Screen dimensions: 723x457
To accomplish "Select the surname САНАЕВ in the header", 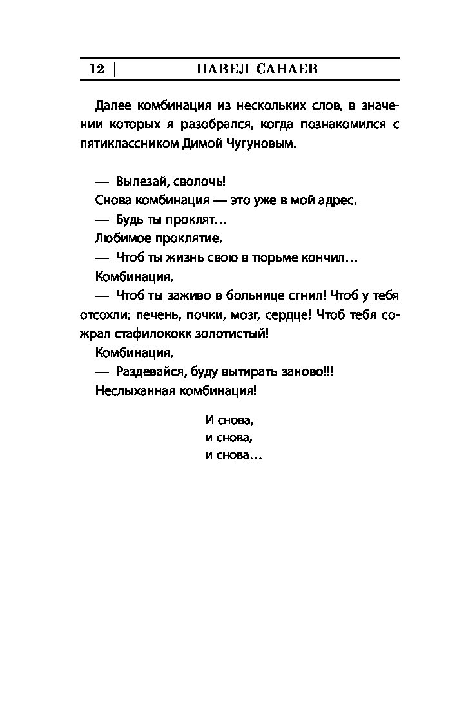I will pyautogui.click(x=287, y=70).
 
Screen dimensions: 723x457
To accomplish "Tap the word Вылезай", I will pyautogui.click(x=142, y=181).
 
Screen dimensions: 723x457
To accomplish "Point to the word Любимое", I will pyautogui.click(x=121, y=238).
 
